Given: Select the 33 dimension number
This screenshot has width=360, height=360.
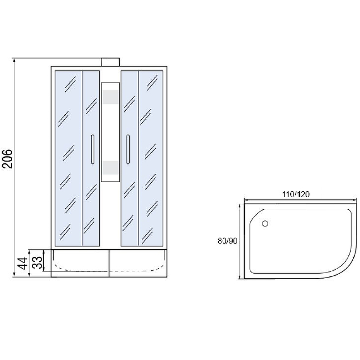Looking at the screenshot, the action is click(39, 260).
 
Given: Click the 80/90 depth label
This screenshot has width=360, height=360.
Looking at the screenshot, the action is click(227, 241).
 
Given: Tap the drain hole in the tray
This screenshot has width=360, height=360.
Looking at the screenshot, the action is click(265, 223).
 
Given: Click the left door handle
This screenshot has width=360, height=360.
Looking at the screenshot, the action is click(92, 149).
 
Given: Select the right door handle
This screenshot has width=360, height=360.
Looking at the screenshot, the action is click(128, 149).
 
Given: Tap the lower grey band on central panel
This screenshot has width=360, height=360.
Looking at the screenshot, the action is click(110, 167).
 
